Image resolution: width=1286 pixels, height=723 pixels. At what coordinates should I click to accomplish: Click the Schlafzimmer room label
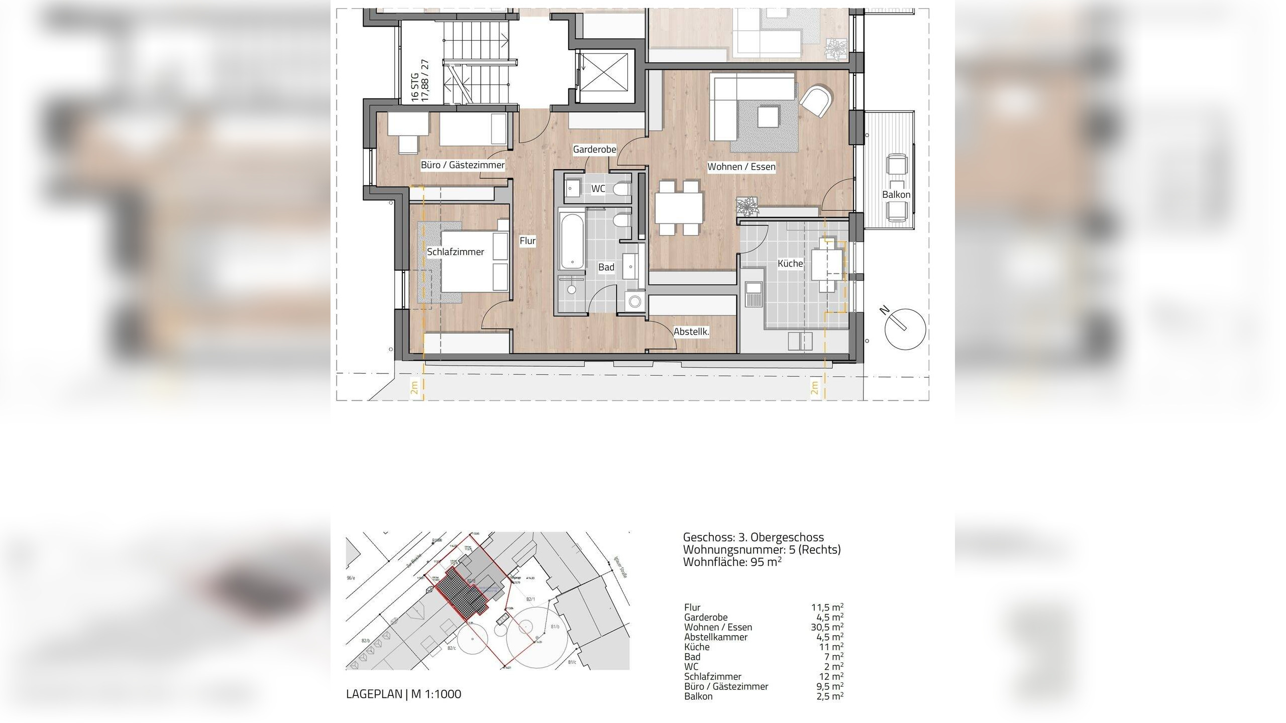click(455, 252)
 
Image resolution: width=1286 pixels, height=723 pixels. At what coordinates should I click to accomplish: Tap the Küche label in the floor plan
click(790, 264)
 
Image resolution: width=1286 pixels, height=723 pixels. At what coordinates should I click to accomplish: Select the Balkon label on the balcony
click(896, 195)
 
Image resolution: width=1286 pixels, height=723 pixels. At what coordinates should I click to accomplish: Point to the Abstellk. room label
click(691, 332)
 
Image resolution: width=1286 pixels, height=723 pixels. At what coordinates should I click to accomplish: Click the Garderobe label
click(594, 150)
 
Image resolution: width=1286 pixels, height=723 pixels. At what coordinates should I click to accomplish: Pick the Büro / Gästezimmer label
click(462, 165)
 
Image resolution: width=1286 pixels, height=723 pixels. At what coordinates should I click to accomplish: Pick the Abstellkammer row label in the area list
click(715, 637)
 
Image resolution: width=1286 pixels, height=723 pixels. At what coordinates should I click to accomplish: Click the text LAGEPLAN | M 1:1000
click(403, 694)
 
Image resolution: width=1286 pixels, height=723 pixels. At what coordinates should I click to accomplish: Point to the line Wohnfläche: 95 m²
click(732, 562)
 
